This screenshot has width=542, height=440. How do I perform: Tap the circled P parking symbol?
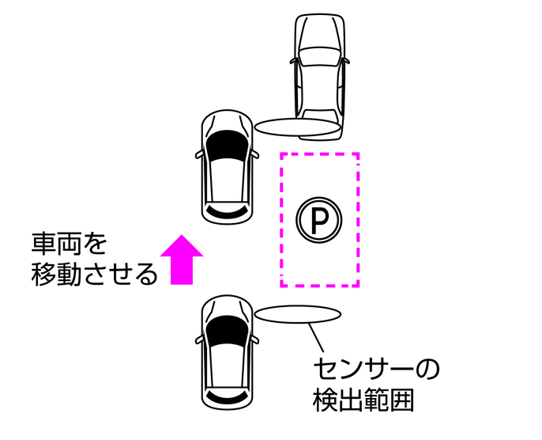pos(319,218)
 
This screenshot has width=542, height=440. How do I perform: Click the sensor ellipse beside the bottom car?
pos(298,314)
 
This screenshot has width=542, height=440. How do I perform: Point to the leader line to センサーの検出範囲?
pos(317,339)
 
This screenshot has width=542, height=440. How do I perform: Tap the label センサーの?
pos(375,369)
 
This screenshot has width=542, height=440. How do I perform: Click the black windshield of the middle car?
pos(228,144)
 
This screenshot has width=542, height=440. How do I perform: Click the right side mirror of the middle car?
pos(254,154)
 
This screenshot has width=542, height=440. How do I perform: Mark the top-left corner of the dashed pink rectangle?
pos(282,154)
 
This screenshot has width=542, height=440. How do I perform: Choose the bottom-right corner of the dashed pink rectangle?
pos(359,284)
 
